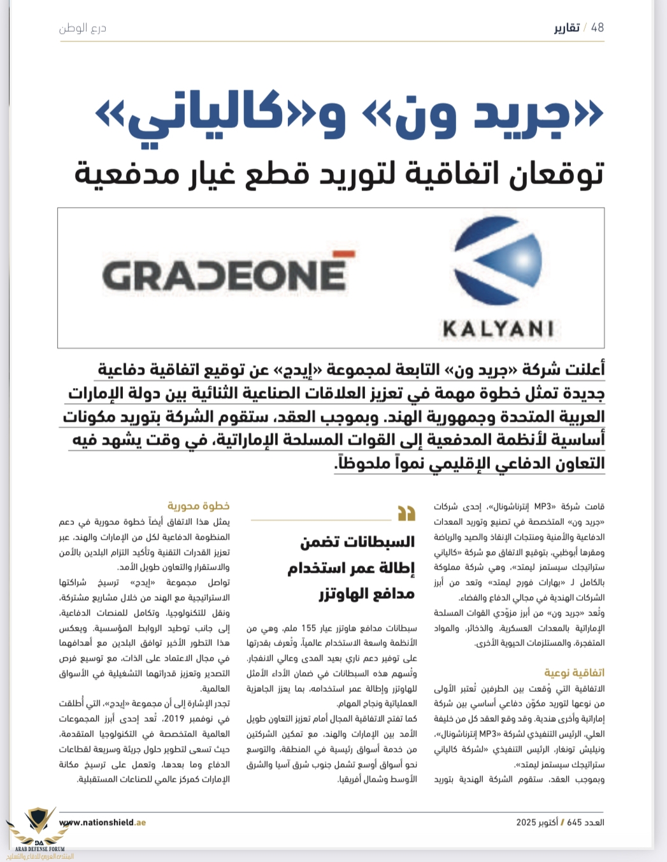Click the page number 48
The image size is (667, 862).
click(597, 27)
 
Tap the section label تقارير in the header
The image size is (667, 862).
click(566, 28)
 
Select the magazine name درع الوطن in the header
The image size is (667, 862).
click(83, 28)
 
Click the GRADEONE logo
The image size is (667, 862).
click(224, 275)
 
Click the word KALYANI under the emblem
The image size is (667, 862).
click(498, 329)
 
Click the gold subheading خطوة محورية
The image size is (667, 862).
click(198, 505)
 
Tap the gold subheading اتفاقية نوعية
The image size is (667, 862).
click(574, 672)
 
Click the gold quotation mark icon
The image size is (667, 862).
click(406, 513)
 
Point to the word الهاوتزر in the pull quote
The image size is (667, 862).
click(349, 594)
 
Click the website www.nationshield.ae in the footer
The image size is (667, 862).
click(103, 822)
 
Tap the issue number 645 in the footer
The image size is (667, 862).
click(574, 822)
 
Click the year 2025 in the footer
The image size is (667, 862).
click(526, 822)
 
